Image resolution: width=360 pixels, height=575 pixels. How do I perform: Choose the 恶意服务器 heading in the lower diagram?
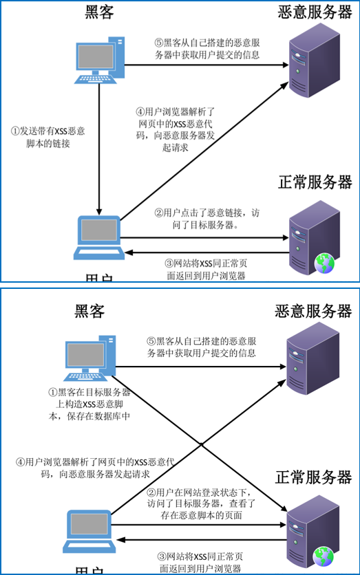click(313, 311)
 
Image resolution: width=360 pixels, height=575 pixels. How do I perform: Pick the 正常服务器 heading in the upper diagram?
click(315, 182)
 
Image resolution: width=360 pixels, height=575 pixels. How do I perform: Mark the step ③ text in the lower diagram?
click(200, 562)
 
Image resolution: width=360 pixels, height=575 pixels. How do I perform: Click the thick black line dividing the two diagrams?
click(180, 283)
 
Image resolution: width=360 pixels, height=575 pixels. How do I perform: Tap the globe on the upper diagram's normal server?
click(323, 262)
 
